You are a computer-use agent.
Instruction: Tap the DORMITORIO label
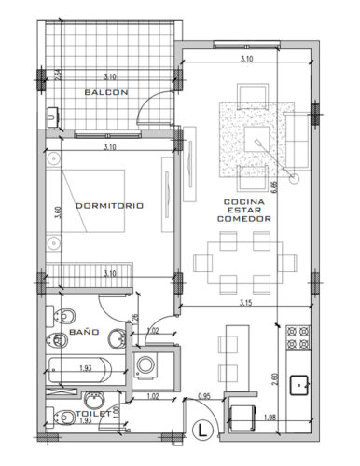pos(110,206)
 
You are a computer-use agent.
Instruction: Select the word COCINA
pos(244,201)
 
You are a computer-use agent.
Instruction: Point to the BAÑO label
pos(84,332)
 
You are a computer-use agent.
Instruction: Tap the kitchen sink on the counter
pos(300,383)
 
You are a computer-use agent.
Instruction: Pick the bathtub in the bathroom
pos(82,369)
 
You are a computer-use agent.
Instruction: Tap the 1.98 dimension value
pos(272,417)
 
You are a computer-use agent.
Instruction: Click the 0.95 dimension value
pos(205,398)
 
